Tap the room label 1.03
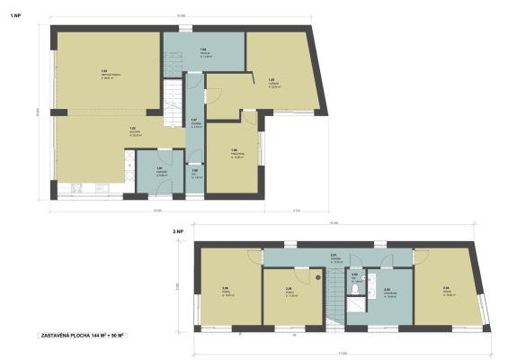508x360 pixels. [x=105, y=72]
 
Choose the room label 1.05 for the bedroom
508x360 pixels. [x=272, y=81]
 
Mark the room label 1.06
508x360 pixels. [x=234, y=152]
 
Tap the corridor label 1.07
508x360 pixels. [x=194, y=122]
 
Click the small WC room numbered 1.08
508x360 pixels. [x=194, y=172]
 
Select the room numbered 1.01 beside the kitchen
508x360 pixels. [x=159, y=170]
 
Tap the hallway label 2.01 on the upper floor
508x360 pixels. [x=333, y=256]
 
